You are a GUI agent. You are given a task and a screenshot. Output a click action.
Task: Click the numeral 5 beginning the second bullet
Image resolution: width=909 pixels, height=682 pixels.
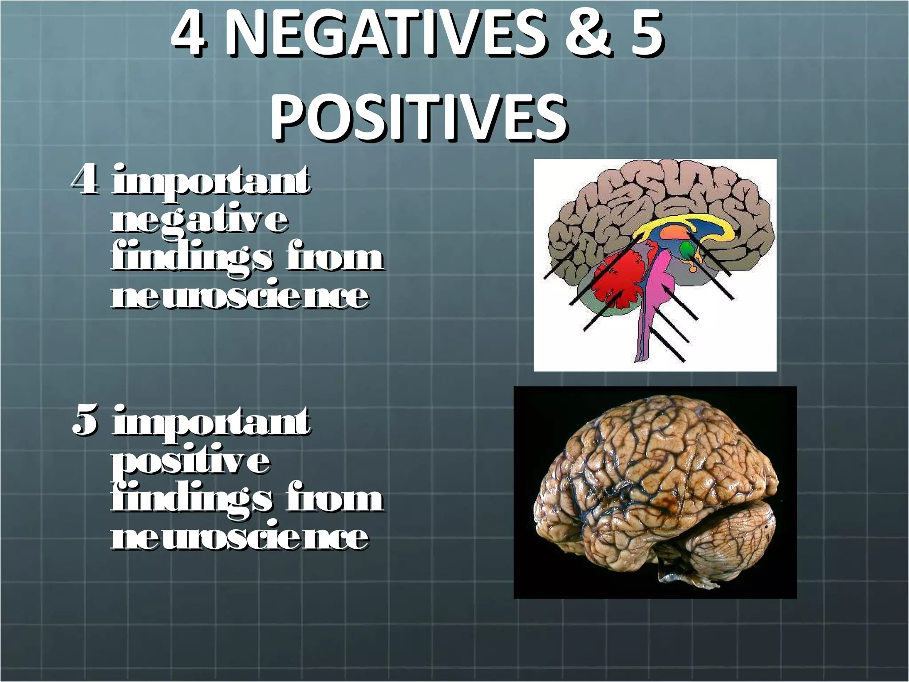(85, 422)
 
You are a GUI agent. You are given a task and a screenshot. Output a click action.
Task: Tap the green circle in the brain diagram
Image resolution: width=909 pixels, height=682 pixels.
(688, 250)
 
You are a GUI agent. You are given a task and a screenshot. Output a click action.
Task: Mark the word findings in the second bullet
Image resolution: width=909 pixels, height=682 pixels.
(191, 500)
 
